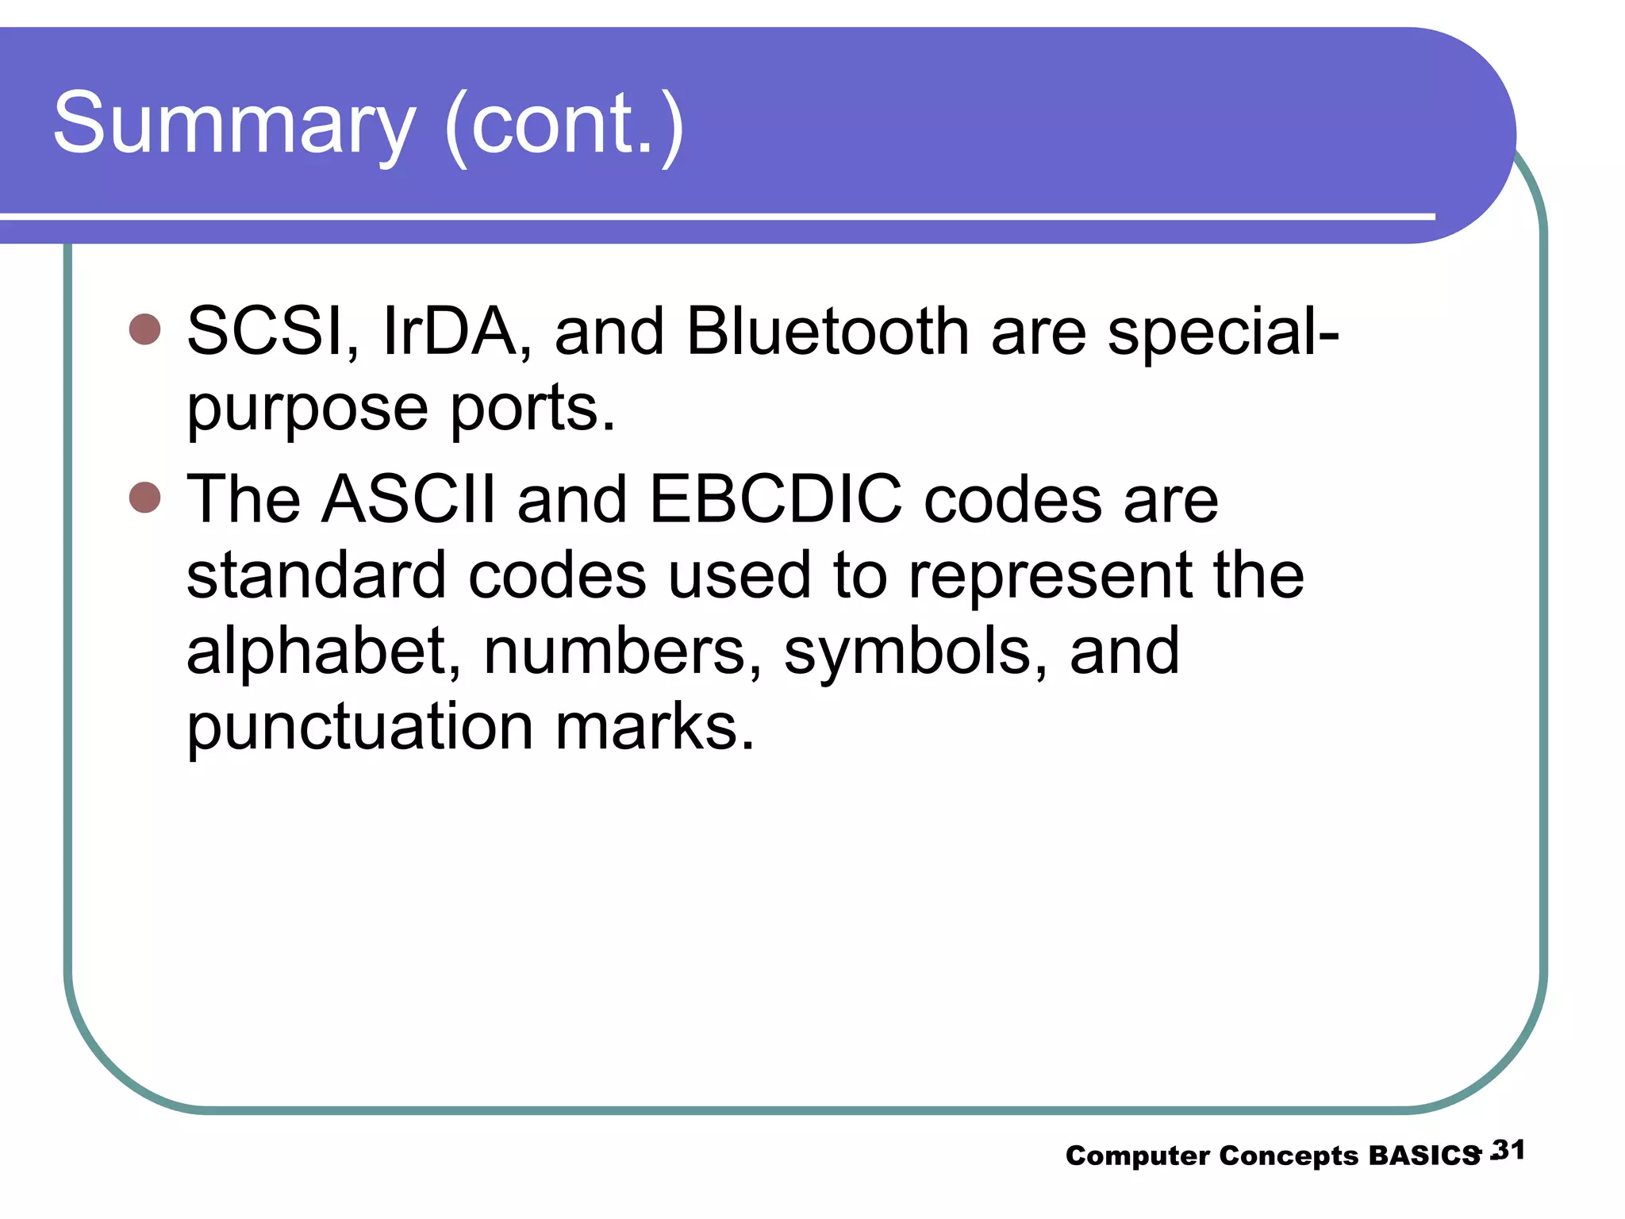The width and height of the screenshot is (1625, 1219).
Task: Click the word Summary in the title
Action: pos(234,124)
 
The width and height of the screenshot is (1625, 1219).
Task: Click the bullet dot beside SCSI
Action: pos(145,329)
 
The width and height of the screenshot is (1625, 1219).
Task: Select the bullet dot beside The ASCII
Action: pos(145,498)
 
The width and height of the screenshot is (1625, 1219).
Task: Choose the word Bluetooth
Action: pos(827,331)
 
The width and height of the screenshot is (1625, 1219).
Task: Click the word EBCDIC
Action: pos(775,499)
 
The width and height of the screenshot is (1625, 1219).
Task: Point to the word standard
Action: pos(316,575)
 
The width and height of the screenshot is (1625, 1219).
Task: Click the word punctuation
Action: pos(359,727)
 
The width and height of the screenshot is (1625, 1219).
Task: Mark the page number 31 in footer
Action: pos(1508,1150)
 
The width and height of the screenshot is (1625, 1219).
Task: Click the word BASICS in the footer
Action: pos(1424,1156)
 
